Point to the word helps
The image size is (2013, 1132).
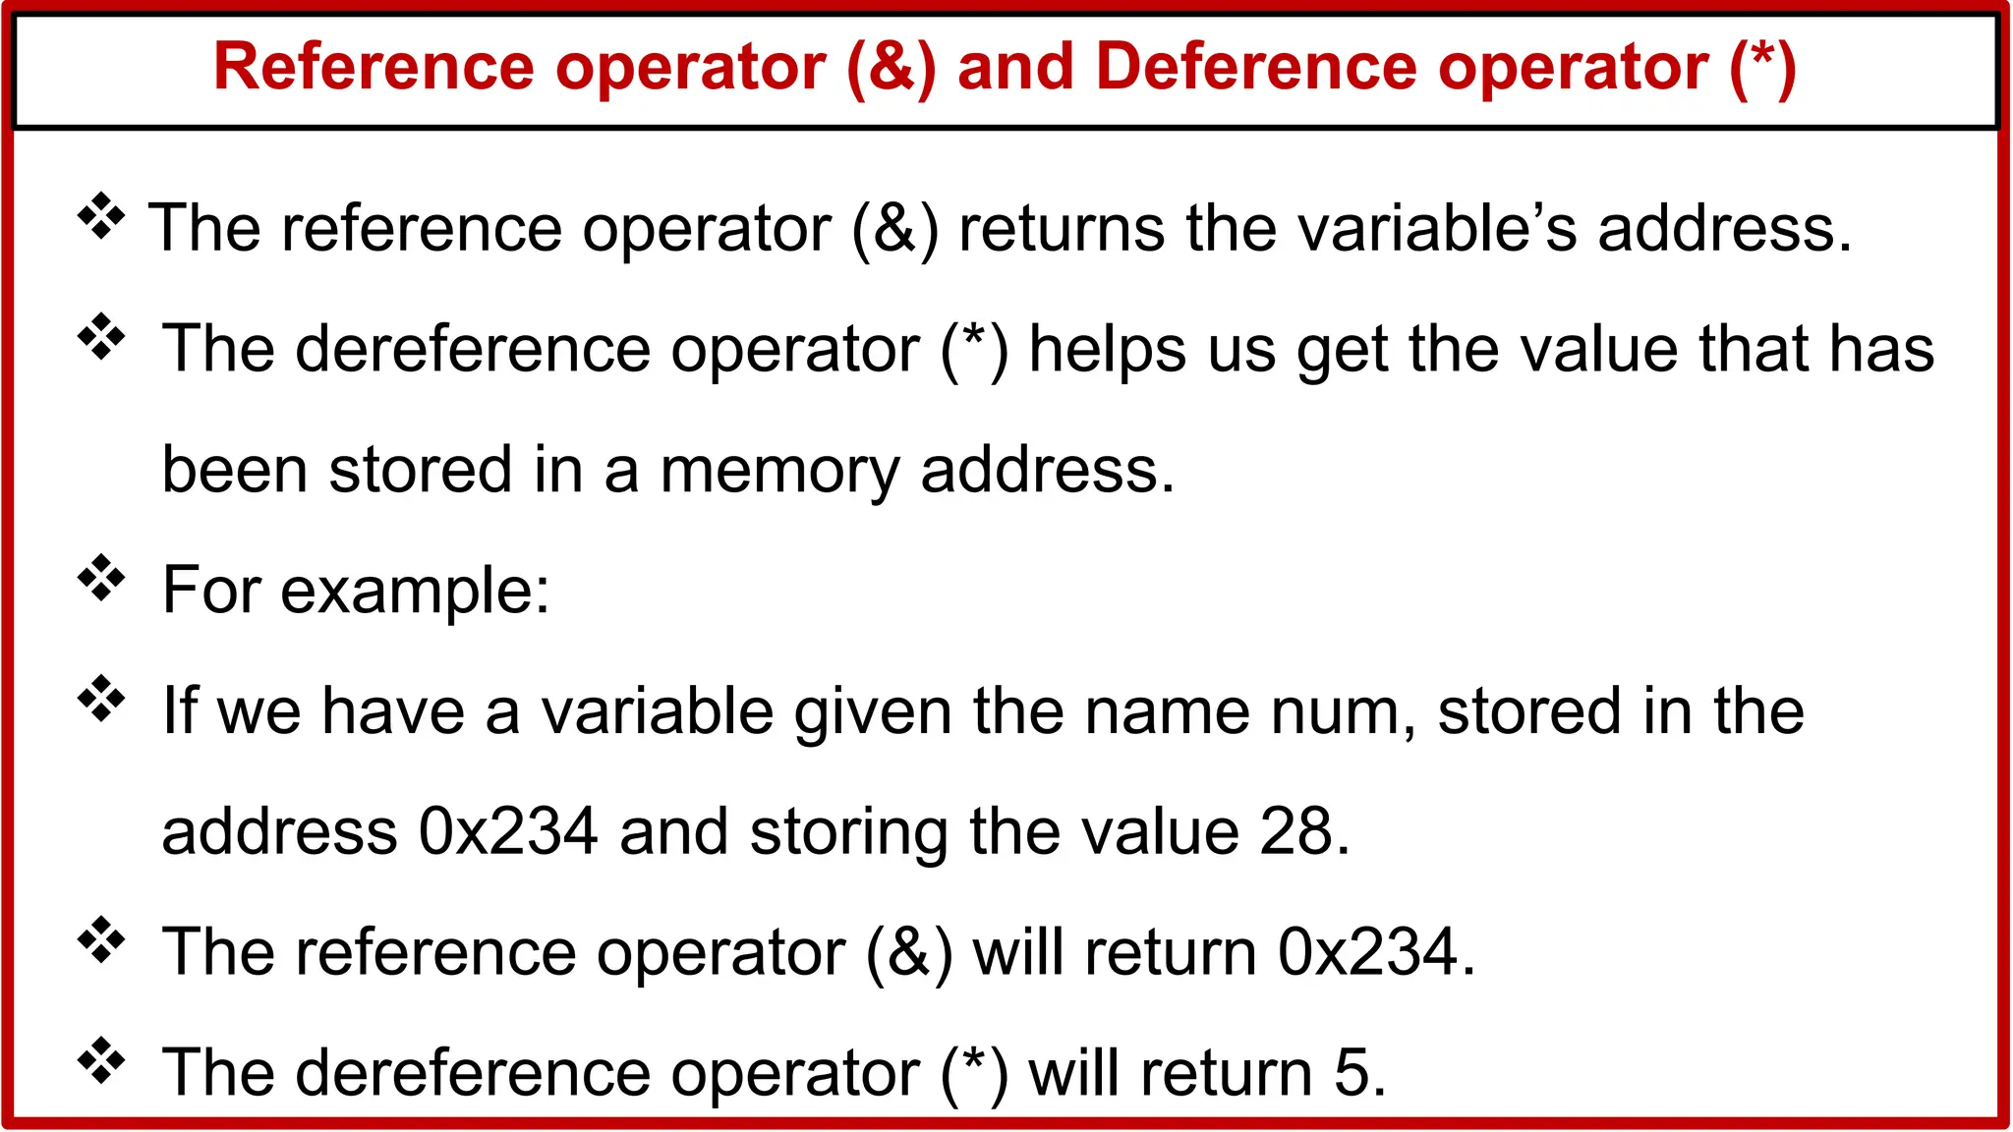click(x=1107, y=350)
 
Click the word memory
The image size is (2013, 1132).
click(x=778, y=471)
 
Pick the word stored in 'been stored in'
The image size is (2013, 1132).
click(x=421, y=471)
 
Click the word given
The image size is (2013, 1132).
click(x=873, y=711)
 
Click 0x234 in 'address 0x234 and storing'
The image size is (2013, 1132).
click(x=508, y=832)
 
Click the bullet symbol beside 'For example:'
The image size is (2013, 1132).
click(x=101, y=579)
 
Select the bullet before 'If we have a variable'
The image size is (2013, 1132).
click(x=101, y=700)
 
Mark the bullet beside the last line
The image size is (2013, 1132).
click(x=101, y=1061)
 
